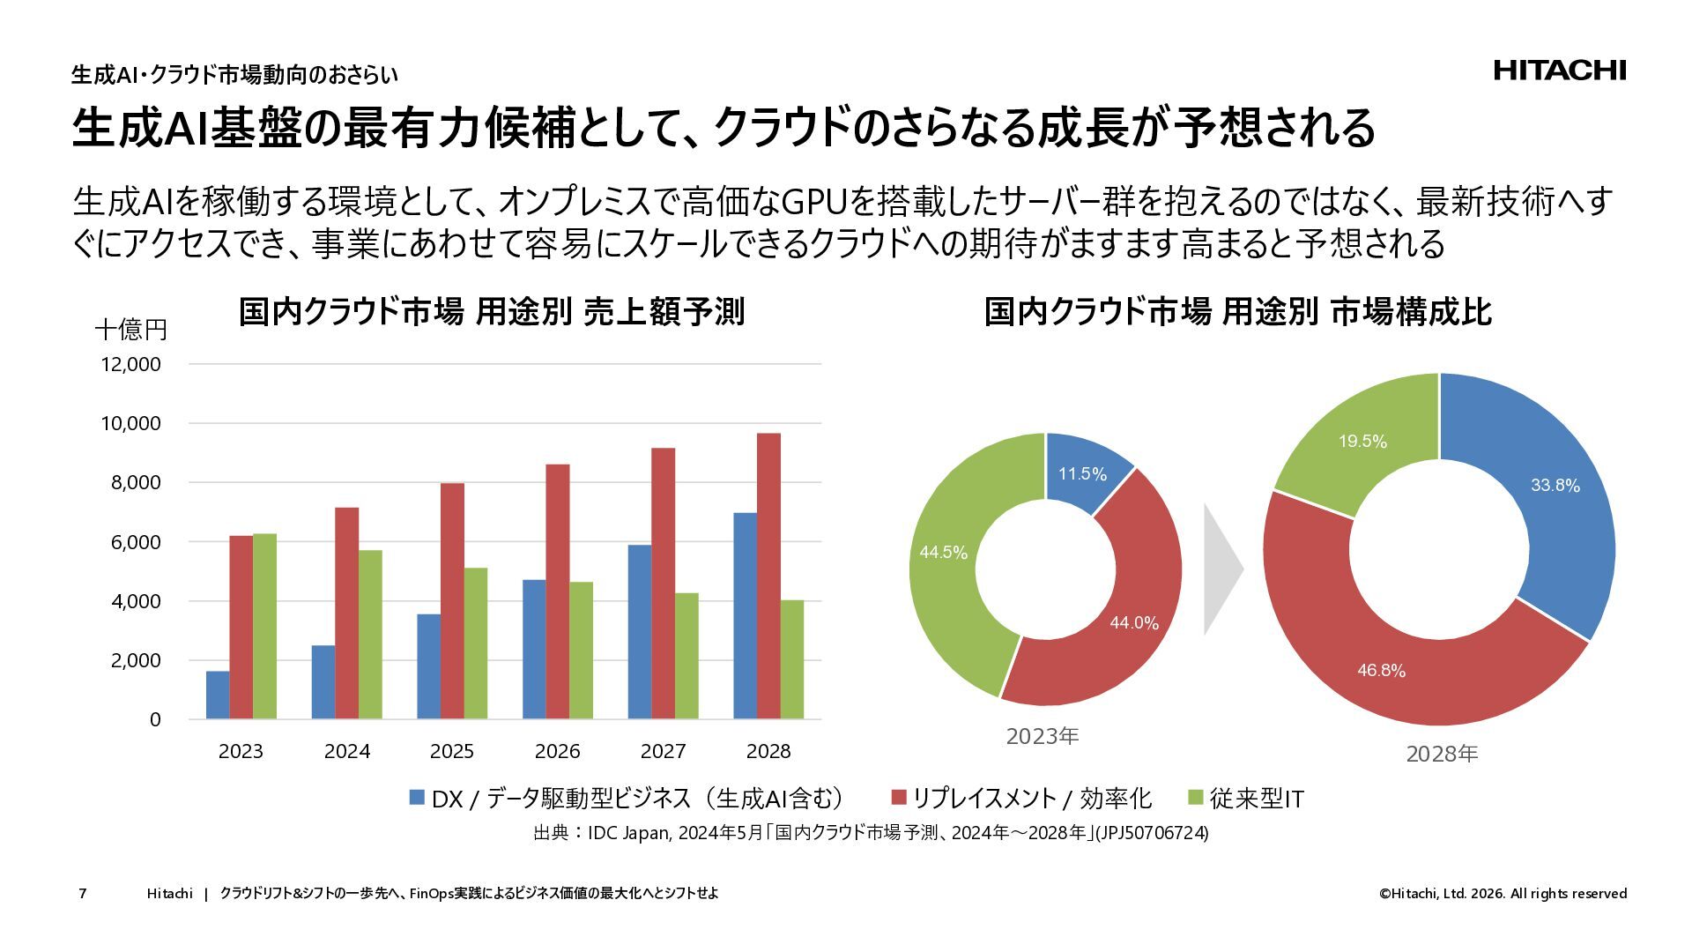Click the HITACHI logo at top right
tap(1559, 71)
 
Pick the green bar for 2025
tap(475, 643)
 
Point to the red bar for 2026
tap(557, 591)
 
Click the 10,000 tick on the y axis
tap(131, 424)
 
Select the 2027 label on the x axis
tap(663, 751)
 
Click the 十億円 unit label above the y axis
tap(131, 330)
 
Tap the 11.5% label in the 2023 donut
tap(1082, 474)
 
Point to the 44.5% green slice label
tap(943, 553)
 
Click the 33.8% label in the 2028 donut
tap(1555, 486)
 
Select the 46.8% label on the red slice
tap(1381, 671)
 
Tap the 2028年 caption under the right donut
tap(1442, 755)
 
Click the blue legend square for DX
tap(417, 799)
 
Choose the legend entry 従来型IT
tap(1256, 799)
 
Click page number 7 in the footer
tap(83, 894)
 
